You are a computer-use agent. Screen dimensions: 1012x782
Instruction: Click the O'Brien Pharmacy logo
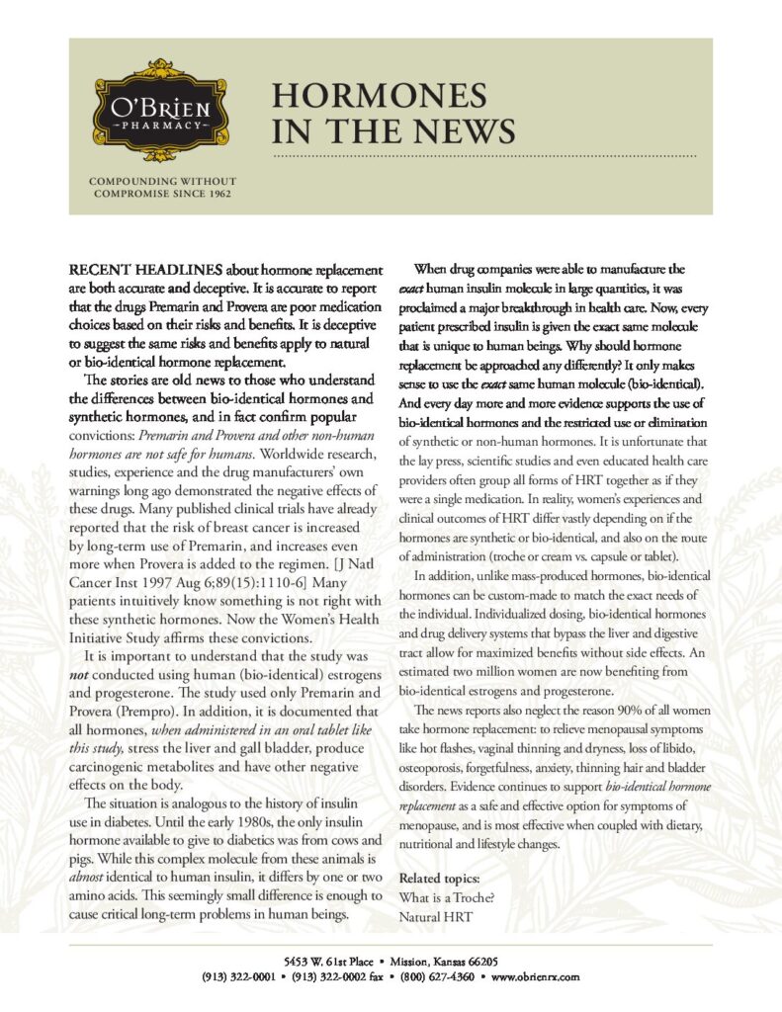[x=152, y=112]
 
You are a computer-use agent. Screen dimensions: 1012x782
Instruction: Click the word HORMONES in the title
[x=380, y=96]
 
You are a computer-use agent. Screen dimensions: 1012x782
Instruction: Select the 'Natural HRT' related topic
[x=435, y=917]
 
